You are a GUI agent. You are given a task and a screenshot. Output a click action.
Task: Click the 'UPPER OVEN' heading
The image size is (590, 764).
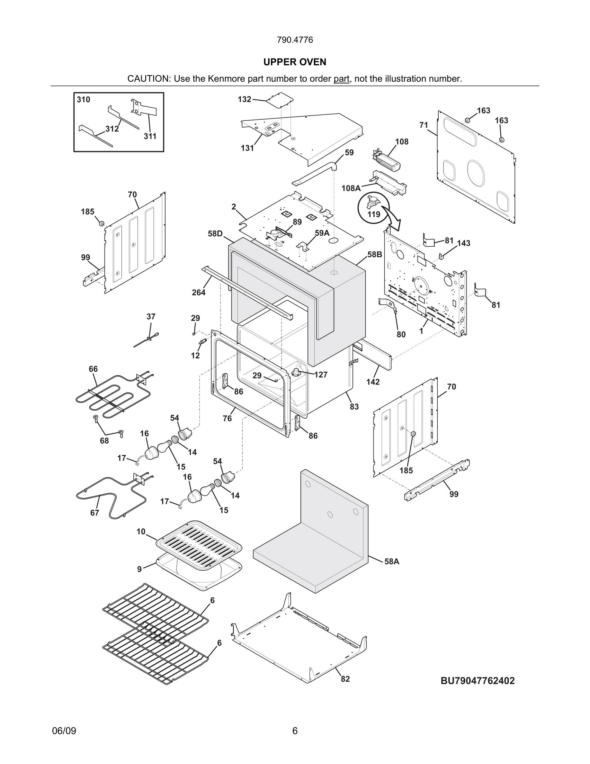[295, 62]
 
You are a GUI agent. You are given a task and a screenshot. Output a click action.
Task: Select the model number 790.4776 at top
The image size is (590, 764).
[295, 40]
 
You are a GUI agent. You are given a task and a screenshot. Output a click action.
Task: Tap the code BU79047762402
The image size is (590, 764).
[478, 681]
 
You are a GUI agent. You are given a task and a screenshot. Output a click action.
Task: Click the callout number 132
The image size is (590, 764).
[244, 99]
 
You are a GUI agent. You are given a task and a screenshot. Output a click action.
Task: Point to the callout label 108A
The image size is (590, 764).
[351, 188]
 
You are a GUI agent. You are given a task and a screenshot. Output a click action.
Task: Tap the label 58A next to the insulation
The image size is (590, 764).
[392, 561]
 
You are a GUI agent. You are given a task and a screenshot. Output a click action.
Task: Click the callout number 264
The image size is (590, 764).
[199, 292]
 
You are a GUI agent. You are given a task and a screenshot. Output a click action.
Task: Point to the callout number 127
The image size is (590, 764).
[320, 375]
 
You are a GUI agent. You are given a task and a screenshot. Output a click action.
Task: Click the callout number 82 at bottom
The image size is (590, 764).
[345, 679]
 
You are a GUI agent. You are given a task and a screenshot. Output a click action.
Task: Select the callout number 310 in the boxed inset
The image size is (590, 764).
[84, 100]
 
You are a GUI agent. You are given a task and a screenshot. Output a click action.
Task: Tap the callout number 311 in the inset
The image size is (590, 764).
[150, 136]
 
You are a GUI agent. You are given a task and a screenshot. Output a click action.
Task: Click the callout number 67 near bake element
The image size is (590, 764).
[95, 513]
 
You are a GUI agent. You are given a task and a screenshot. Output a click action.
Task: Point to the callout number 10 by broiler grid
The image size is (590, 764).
[141, 532]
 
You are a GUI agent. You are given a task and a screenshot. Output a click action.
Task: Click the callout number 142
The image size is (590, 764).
[373, 382]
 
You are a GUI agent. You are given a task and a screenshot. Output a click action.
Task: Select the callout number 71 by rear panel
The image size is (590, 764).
[424, 125]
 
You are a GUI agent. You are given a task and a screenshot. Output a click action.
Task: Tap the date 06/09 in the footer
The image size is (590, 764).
[64, 731]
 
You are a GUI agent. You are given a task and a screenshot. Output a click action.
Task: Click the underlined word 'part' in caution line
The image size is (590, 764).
[341, 79]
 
